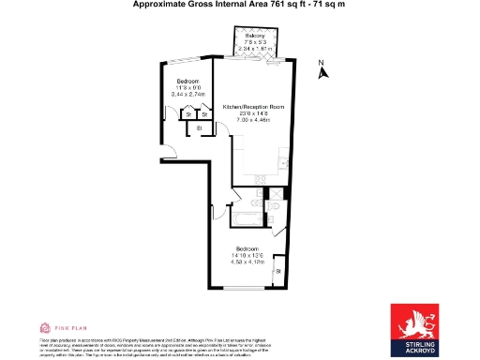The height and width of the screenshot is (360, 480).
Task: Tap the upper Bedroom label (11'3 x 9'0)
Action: [188, 82]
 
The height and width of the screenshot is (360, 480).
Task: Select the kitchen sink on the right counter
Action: [284, 163]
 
